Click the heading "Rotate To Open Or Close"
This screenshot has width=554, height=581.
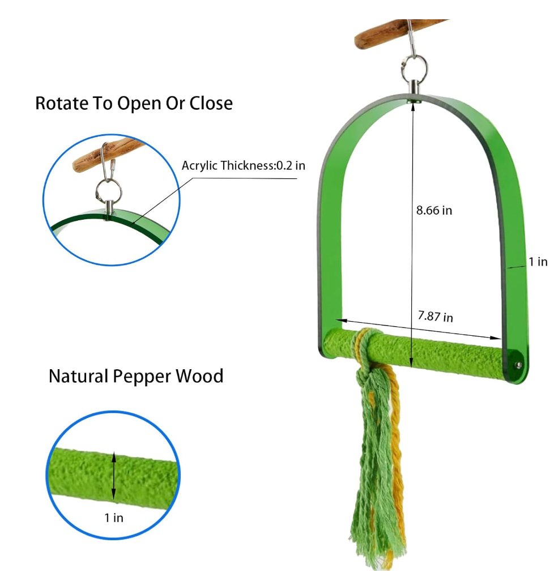pos(134,104)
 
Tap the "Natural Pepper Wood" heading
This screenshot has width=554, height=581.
pos(136,376)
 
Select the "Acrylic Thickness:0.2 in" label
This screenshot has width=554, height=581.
pos(243,165)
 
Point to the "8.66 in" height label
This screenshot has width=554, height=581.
pos(434,211)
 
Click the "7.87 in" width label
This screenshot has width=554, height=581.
pos(435,317)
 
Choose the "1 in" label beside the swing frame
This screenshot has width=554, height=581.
pos(538,262)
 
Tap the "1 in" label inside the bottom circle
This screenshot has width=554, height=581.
pos(113,517)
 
